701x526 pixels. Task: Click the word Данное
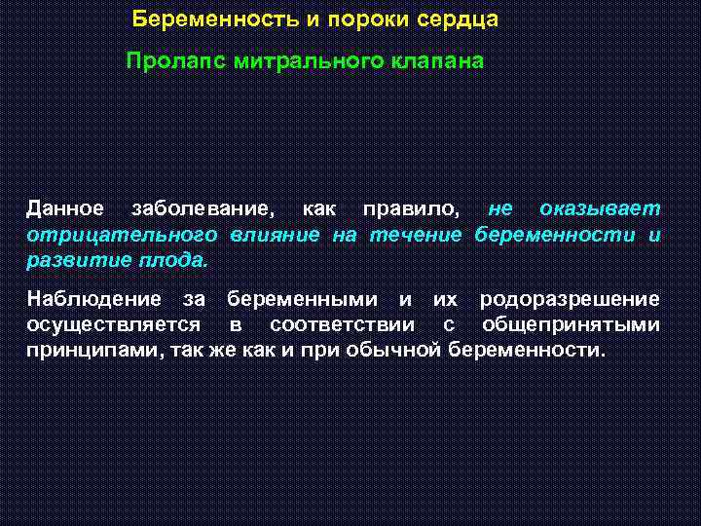pos(65,209)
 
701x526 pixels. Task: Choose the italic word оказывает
pos(600,209)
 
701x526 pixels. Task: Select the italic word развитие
pos(73,262)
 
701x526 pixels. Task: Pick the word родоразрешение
pos(570,299)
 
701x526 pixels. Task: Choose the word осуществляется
pos(115,324)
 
